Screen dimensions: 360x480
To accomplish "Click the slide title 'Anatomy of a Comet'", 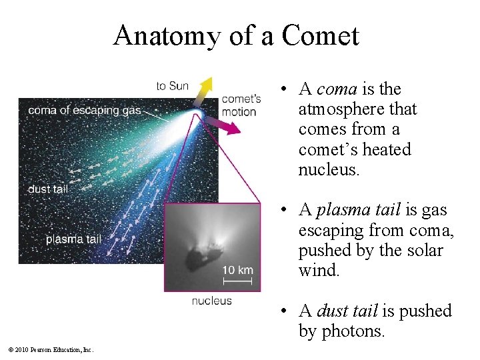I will pos(236,35).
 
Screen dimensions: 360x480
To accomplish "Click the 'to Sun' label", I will pos(172,85).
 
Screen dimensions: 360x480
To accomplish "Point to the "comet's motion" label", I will pos(241,105).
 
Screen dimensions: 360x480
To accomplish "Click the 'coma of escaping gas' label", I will pos(84,110).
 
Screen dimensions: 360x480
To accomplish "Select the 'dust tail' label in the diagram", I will pos(47,189).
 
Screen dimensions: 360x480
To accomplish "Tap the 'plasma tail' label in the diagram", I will pos(73,239).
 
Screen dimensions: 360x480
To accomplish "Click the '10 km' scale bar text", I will pos(237,270).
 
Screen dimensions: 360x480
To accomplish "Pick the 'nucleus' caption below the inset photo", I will pos(211,301).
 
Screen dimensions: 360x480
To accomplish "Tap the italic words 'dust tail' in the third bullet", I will pos(347,311).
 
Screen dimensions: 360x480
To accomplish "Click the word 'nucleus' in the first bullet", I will pos(329,169).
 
